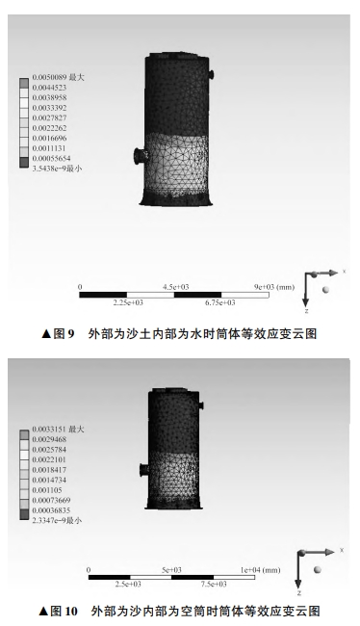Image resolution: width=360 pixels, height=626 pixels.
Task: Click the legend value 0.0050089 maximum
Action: click(x=59, y=77)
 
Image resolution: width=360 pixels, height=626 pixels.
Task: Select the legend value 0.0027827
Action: click(x=49, y=117)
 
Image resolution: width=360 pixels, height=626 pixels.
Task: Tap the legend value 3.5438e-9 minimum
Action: click(x=57, y=169)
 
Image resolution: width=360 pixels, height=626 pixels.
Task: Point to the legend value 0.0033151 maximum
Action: click(x=59, y=430)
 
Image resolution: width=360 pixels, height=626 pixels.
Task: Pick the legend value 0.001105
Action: click(x=47, y=490)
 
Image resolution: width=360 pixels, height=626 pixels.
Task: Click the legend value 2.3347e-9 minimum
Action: click(x=57, y=521)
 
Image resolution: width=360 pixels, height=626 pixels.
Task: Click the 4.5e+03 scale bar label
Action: click(x=175, y=287)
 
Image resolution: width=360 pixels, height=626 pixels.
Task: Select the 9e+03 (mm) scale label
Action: click(x=274, y=287)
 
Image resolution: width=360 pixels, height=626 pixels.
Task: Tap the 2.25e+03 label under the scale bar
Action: click(x=128, y=302)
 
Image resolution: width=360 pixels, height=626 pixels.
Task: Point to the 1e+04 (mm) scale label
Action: click(x=260, y=570)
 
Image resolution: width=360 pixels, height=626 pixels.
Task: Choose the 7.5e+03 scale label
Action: click(x=214, y=584)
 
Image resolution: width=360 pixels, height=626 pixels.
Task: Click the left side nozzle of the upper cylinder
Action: click(x=141, y=155)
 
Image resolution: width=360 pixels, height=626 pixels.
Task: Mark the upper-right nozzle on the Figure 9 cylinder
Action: click(x=211, y=75)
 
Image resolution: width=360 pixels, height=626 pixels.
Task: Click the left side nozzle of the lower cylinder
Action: click(x=144, y=470)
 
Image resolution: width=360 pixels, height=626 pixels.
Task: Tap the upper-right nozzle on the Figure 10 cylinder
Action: click(x=201, y=405)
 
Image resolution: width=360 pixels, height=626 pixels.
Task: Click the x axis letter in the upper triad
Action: click(x=344, y=272)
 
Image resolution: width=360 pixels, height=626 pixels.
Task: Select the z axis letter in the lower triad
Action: click(x=299, y=593)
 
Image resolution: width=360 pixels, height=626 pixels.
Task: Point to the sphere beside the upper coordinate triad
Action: click(x=326, y=290)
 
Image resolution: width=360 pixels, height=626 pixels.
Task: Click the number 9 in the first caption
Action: click(x=70, y=334)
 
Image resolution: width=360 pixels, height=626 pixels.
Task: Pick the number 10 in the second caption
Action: click(x=70, y=611)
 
